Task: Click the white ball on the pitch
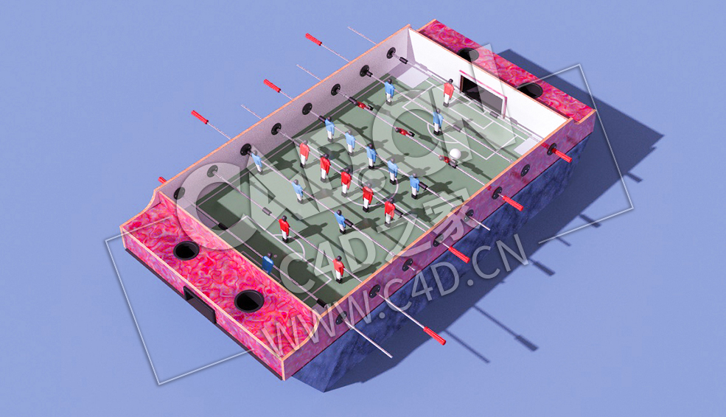[x=456, y=154]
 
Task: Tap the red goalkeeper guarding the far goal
[x=448, y=91]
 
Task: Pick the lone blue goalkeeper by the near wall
[x=268, y=263]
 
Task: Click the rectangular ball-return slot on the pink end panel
[x=200, y=303]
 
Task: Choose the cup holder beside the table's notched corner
[x=186, y=250]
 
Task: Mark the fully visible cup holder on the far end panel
[x=530, y=90]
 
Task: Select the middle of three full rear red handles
[x=273, y=86]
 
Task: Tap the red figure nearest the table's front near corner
[x=338, y=268]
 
